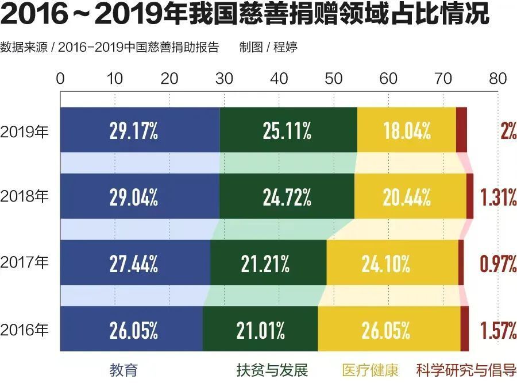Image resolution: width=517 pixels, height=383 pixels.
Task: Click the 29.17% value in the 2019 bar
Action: click(x=133, y=131)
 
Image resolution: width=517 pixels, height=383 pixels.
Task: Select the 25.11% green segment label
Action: click(x=287, y=131)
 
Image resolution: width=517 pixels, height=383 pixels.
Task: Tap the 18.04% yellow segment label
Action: click(x=407, y=131)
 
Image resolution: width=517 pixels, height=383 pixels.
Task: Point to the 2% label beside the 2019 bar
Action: click(x=508, y=131)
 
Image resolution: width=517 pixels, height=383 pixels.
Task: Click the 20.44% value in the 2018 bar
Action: click(x=407, y=198)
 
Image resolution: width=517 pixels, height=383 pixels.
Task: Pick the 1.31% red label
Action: click(x=498, y=198)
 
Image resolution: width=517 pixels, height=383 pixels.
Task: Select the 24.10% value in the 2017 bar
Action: click(x=385, y=264)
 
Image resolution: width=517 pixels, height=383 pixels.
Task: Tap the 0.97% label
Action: click(x=498, y=264)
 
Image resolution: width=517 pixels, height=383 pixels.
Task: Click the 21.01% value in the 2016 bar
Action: click(x=260, y=330)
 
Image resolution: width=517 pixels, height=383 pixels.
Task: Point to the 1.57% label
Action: click(x=498, y=330)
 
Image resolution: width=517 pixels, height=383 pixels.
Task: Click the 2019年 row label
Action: click(x=25, y=131)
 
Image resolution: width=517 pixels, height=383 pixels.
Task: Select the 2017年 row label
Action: click(x=25, y=264)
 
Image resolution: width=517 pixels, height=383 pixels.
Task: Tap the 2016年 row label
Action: click(x=25, y=330)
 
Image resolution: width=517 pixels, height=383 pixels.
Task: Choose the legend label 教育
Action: click(x=124, y=369)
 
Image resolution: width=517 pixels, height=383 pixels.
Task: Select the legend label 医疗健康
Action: click(x=370, y=369)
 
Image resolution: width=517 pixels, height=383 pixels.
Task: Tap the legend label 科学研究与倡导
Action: click(x=466, y=369)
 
